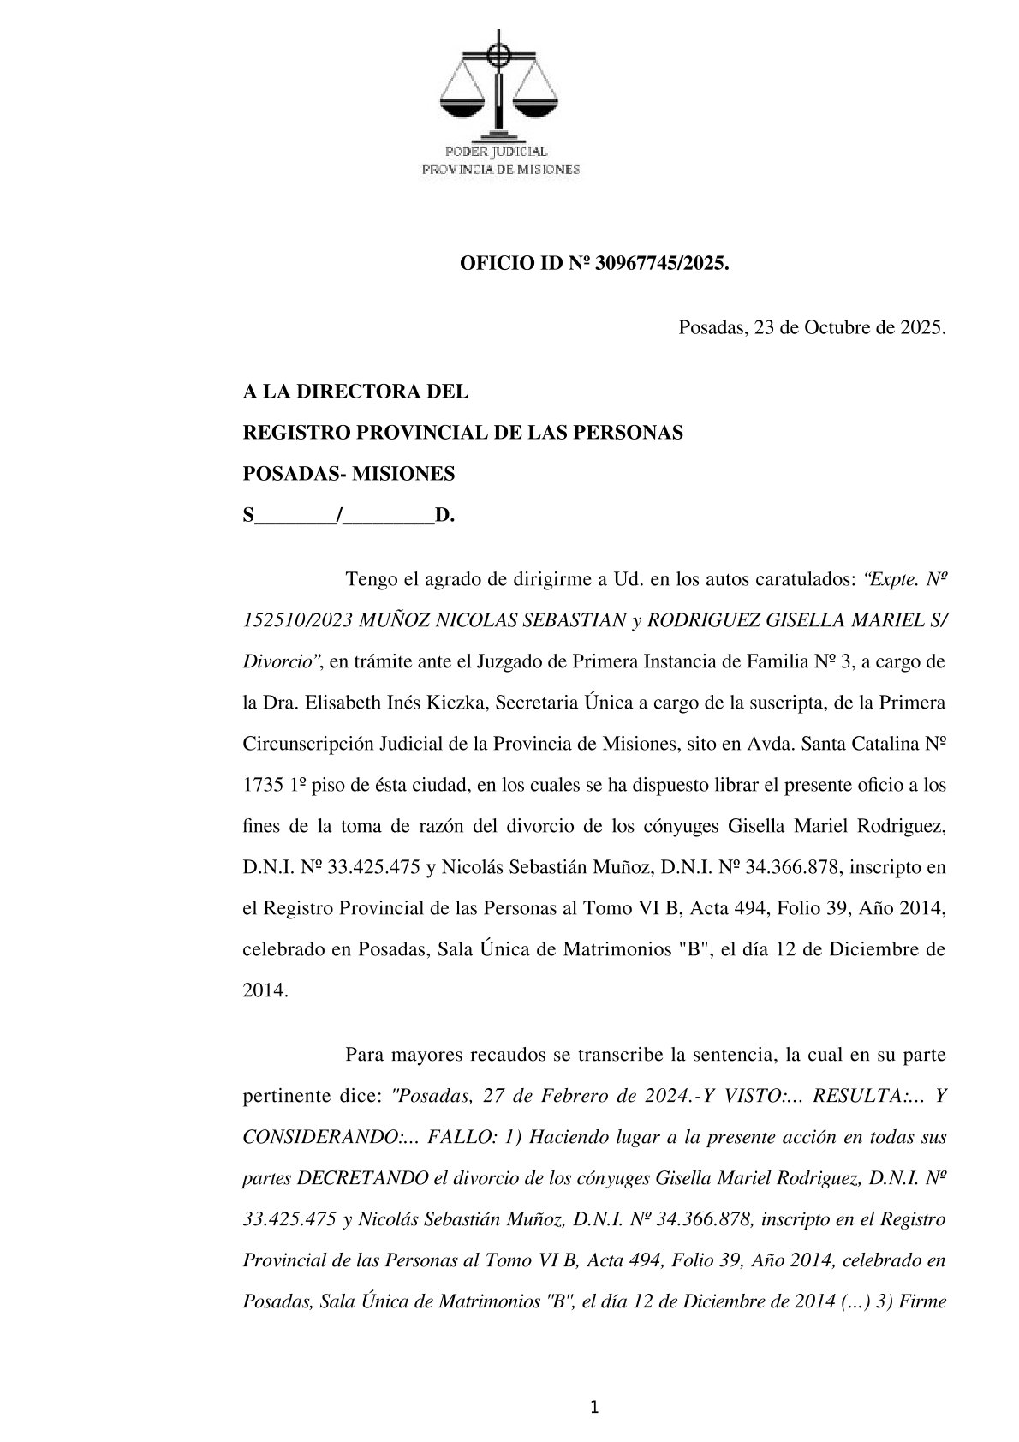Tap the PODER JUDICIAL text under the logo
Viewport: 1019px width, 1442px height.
coord(500,152)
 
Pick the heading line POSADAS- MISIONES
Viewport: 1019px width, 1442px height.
coord(349,474)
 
